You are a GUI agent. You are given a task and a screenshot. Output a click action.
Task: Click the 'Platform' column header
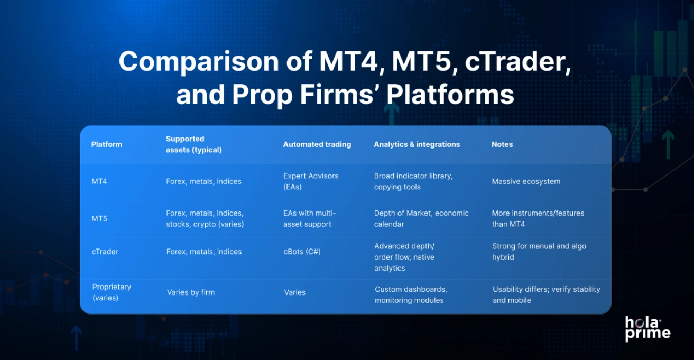(x=106, y=144)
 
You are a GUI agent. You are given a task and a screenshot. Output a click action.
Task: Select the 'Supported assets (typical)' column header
(x=193, y=144)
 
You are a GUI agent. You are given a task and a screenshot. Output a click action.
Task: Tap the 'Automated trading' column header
(x=317, y=144)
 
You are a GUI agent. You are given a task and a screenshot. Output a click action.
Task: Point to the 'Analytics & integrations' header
(x=417, y=144)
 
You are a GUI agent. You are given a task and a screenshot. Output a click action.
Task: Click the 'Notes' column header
(x=502, y=144)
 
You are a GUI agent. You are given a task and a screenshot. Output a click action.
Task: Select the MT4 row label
(x=99, y=181)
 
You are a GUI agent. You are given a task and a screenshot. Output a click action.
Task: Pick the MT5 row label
(x=99, y=218)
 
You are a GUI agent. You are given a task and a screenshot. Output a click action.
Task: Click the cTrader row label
(x=105, y=252)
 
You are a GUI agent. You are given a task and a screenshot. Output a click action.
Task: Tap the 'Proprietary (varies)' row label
(x=112, y=292)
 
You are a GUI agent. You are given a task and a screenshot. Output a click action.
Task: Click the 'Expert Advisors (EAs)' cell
(x=311, y=181)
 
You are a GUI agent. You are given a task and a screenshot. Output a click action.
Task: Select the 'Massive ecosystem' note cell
(x=526, y=181)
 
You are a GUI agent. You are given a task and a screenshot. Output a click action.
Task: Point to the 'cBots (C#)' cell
(x=302, y=252)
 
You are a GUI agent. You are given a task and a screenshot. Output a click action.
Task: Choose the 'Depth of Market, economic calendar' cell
(x=421, y=218)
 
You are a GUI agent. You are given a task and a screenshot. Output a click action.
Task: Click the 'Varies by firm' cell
(x=191, y=292)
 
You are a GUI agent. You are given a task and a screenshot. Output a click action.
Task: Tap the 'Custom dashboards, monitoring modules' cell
(x=411, y=294)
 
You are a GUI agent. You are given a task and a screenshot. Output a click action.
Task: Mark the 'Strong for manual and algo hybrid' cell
(x=539, y=252)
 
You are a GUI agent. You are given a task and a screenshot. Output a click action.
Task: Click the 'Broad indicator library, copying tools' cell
(x=413, y=181)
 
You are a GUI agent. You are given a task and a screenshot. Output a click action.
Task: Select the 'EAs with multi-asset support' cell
(x=309, y=218)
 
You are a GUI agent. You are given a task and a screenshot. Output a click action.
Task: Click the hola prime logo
(x=647, y=328)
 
